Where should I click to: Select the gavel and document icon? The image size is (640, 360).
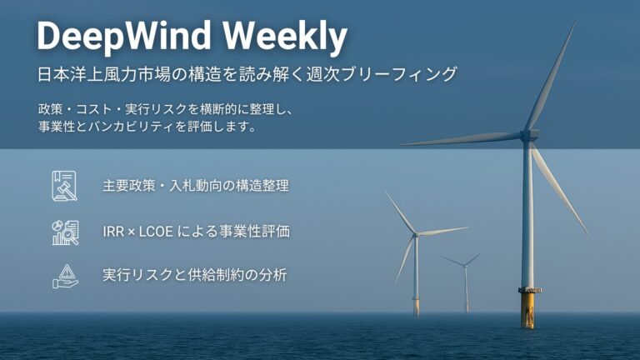(x=64, y=185)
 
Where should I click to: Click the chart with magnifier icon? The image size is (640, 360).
(x=64, y=231)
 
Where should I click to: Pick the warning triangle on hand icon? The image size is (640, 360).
(x=64, y=275)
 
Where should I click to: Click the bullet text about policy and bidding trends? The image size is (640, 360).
(x=195, y=186)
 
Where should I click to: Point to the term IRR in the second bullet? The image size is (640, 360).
(x=115, y=231)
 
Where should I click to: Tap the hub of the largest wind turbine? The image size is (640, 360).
(x=527, y=134)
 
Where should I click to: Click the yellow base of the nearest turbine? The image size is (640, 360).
(x=527, y=308)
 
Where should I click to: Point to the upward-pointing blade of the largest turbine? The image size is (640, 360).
(x=551, y=75)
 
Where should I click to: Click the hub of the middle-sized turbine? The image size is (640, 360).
(x=416, y=235)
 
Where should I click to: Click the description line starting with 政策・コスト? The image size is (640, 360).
(x=167, y=109)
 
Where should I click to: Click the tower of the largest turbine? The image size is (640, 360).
(x=527, y=217)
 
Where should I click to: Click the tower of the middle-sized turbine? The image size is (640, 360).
(x=416, y=275)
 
